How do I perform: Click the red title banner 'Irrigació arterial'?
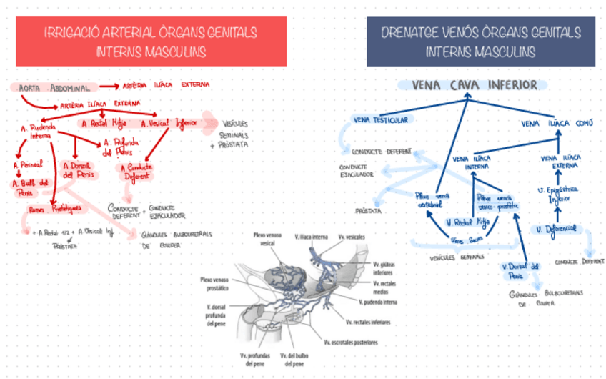coord(151,41)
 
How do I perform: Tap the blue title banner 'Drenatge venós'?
coord(480,41)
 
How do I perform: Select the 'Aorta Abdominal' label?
coord(54,88)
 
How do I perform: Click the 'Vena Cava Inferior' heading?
coord(475,85)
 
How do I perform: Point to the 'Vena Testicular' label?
coord(380,120)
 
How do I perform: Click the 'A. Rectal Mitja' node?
coord(104,123)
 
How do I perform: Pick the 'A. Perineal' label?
coord(28,164)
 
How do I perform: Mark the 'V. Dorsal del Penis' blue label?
coord(518,270)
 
